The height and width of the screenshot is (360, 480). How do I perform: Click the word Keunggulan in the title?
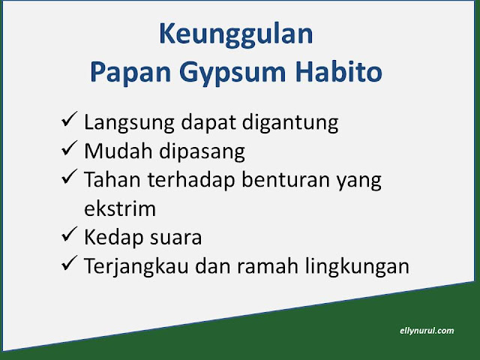tap(236, 35)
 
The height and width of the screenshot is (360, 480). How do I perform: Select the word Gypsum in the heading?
tap(232, 73)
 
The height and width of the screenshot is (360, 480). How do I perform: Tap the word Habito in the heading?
tap(339, 72)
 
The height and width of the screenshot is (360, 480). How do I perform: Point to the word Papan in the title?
tap(130, 73)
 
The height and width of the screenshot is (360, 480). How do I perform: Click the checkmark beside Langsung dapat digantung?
tap(69, 119)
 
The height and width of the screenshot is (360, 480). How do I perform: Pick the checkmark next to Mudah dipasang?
tap(69, 148)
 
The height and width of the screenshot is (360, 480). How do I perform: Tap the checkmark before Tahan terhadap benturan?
tap(69, 177)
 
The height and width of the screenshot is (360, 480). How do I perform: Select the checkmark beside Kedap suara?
tap(69, 234)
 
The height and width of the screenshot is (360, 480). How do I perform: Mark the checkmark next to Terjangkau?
tap(69, 263)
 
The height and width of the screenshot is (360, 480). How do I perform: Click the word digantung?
tap(290, 123)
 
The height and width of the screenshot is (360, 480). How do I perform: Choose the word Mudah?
tap(118, 151)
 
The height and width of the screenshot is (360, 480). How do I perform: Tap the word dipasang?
tap(202, 151)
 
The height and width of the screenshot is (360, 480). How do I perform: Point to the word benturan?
tap(286, 180)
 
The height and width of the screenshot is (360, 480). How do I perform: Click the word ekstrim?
tap(120, 208)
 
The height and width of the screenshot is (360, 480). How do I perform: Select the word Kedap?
tap(113, 238)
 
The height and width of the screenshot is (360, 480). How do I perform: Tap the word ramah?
tap(268, 265)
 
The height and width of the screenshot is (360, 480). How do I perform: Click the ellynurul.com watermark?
tap(427, 331)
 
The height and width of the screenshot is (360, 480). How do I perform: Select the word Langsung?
tap(129, 123)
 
